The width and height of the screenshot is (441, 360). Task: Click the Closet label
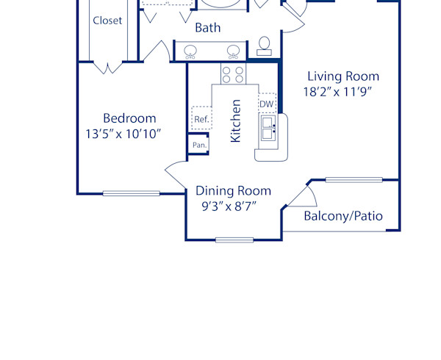click(x=107, y=21)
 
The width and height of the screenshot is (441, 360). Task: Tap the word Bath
click(x=208, y=29)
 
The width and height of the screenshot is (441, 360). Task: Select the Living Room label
click(x=343, y=76)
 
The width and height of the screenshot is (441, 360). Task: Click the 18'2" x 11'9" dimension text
click(x=339, y=92)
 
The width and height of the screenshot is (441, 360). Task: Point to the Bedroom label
click(x=129, y=118)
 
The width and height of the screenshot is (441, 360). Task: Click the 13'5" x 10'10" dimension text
click(x=123, y=134)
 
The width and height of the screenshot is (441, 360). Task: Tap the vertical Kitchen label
click(x=236, y=121)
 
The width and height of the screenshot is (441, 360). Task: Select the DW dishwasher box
click(x=267, y=104)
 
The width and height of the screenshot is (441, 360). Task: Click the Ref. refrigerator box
click(x=201, y=118)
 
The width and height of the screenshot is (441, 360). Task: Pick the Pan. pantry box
click(x=198, y=145)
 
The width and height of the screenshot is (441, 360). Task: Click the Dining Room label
click(x=233, y=191)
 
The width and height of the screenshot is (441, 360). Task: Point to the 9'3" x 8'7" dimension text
click(x=229, y=206)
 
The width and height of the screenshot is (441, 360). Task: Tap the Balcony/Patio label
click(x=343, y=216)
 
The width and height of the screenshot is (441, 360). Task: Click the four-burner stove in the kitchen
click(x=233, y=73)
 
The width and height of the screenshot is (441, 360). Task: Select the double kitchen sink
click(x=269, y=131)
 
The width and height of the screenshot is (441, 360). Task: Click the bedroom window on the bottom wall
click(x=131, y=194)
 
